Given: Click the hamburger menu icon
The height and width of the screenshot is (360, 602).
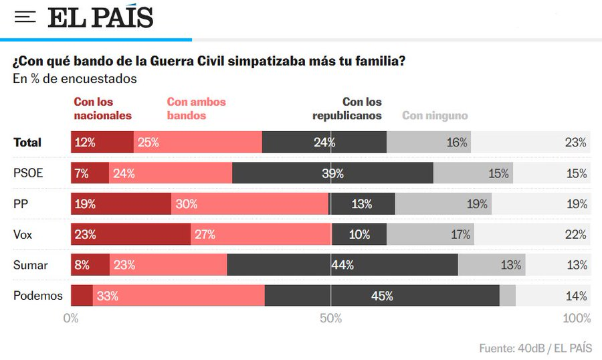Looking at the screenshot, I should pyautogui.click(x=25, y=17).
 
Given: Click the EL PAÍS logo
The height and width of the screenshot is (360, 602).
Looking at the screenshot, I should pyautogui.click(x=100, y=17).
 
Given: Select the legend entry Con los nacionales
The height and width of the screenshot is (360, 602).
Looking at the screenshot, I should pyautogui.click(x=102, y=108).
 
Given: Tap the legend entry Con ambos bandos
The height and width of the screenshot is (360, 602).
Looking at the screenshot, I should pyautogui.click(x=196, y=108).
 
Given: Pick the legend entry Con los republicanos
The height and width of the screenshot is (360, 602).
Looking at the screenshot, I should pyautogui.click(x=347, y=108).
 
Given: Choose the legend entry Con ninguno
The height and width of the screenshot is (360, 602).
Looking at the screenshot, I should pyautogui.click(x=435, y=116).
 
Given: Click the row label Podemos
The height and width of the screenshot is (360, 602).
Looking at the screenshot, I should pyautogui.click(x=38, y=296).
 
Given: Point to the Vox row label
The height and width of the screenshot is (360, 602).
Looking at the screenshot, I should pyautogui.click(x=23, y=235).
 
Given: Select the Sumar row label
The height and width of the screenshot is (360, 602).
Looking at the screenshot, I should pyautogui.click(x=31, y=265).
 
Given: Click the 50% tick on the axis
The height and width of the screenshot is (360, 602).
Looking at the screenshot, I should pyautogui.click(x=331, y=319).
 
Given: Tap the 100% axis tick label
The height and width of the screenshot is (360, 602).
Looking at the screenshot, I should pyautogui.click(x=576, y=319).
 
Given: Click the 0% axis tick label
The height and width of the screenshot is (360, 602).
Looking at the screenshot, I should pyautogui.click(x=71, y=319).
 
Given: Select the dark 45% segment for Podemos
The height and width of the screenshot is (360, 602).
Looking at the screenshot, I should pyautogui.click(x=382, y=296).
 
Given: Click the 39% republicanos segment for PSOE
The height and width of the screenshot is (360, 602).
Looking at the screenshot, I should pyautogui.click(x=332, y=173).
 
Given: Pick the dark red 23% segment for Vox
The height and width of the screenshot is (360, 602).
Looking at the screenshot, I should pyautogui.click(x=130, y=235).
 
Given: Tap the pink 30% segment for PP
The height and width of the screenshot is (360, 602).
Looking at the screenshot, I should pyautogui.click(x=249, y=204).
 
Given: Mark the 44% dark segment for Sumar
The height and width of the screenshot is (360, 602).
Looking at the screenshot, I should pyautogui.click(x=342, y=265).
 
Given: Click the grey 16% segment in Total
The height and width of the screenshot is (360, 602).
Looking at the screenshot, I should pyautogui.click(x=429, y=143).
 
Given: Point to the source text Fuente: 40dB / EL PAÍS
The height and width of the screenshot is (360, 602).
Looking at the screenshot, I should pyautogui.click(x=535, y=349).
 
